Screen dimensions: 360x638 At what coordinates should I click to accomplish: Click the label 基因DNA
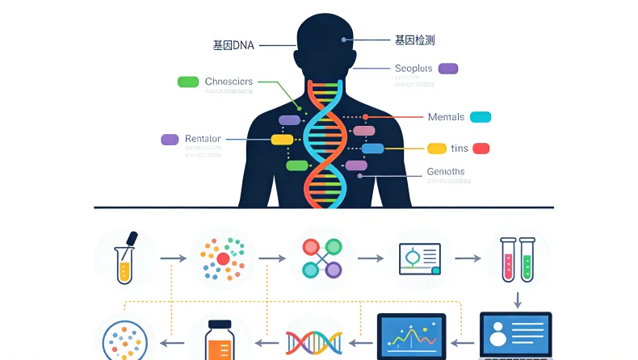click(x=233, y=45)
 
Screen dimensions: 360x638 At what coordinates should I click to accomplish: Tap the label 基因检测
click(x=415, y=40)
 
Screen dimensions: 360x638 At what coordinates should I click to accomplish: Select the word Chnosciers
click(x=229, y=82)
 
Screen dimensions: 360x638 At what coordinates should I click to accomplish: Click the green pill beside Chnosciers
click(x=188, y=82)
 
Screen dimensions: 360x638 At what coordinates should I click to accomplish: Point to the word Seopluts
click(x=413, y=69)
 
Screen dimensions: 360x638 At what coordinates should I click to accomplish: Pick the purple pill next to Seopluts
click(x=447, y=69)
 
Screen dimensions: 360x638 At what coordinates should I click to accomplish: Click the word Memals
click(x=446, y=117)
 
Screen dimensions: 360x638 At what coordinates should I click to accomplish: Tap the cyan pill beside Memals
click(x=481, y=117)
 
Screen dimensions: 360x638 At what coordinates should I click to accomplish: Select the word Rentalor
click(x=203, y=139)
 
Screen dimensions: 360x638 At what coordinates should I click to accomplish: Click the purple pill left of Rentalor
click(x=170, y=139)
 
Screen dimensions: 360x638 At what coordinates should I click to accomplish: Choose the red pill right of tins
click(x=481, y=149)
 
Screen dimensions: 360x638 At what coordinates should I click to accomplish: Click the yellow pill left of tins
click(x=437, y=149)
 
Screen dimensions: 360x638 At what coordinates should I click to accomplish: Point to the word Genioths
click(x=445, y=172)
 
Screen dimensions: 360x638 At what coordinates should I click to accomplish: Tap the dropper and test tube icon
click(x=125, y=257)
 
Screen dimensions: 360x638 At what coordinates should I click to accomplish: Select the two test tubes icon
click(x=517, y=257)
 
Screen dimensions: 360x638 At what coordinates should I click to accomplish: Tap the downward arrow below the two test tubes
click(x=517, y=299)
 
